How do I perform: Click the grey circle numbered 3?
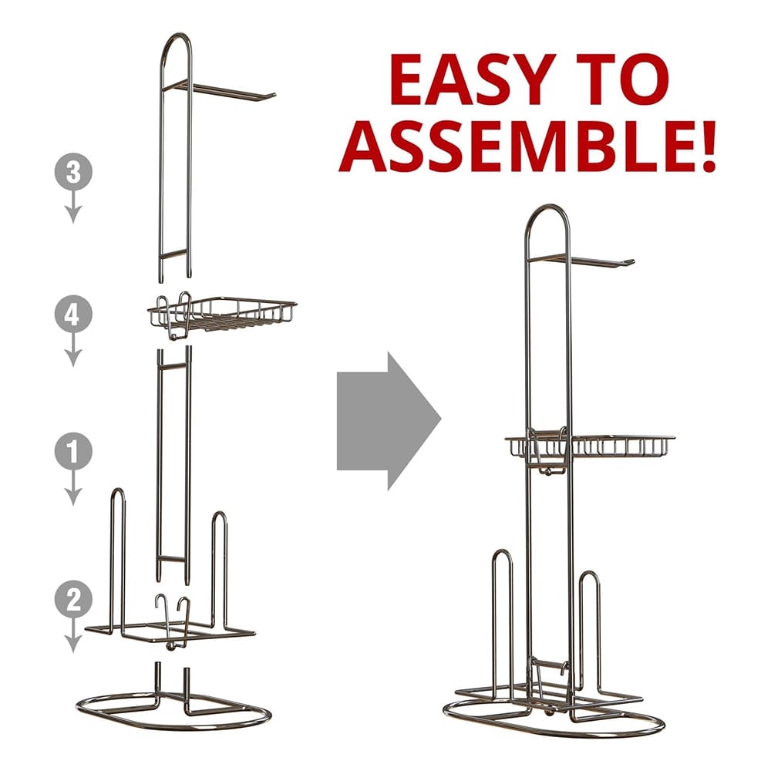click(x=73, y=172)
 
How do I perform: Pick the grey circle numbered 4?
click(x=73, y=315)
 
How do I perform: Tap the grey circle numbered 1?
click(x=73, y=451)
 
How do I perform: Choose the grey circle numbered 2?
click(x=73, y=599)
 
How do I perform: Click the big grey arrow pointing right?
click(x=389, y=421)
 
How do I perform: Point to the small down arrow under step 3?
click(x=73, y=207)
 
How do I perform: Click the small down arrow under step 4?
click(x=73, y=349)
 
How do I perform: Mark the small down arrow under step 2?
click(x=73, y=635)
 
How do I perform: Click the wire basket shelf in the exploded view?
click(x=222, y=315)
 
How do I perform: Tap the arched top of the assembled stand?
click(x=547, y=207)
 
